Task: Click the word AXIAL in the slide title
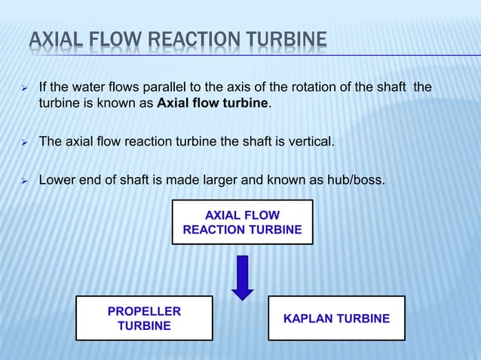point(52,39)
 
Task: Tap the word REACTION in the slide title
point(186,39)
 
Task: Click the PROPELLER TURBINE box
point(144,319)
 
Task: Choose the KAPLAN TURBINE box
point(336,319)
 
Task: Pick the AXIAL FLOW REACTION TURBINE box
point(242,222)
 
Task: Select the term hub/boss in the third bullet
point(354,180)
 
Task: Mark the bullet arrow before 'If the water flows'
point(24,89)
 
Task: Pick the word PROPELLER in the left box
point(144,311)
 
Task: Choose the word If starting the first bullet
point(44,87)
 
